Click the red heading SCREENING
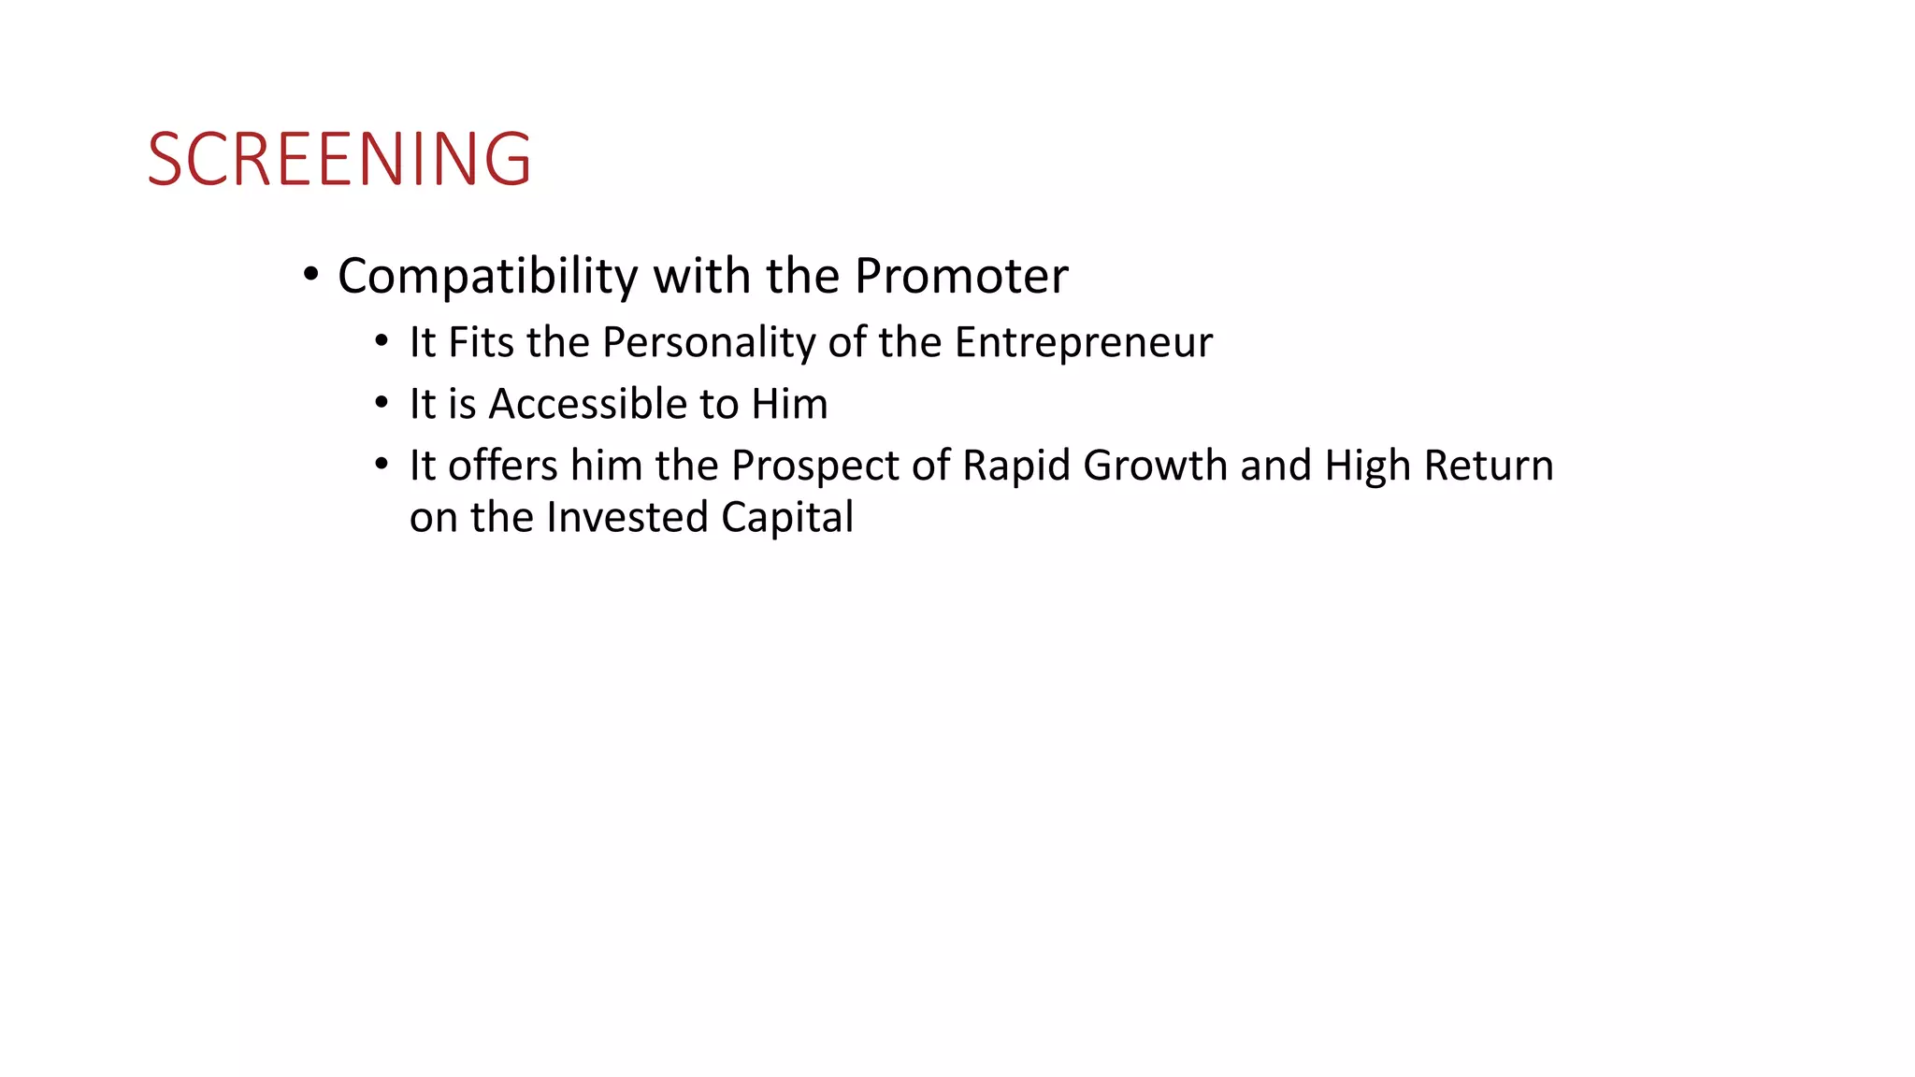[x=339, y=159]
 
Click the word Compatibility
[x=487, y=277]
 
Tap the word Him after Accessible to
[x=789, y=405]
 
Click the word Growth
[x=1155, y=467]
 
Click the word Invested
[x=626, y=518]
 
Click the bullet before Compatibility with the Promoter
[x=311, y=275]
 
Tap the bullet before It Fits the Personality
[x=381, y=341]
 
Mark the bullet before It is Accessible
[x=381, y=403]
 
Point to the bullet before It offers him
[x=381, y=464]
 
